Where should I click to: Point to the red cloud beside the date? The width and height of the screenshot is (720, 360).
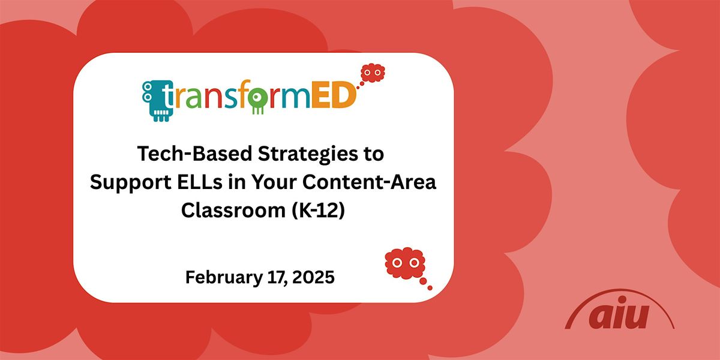(405, 262)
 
